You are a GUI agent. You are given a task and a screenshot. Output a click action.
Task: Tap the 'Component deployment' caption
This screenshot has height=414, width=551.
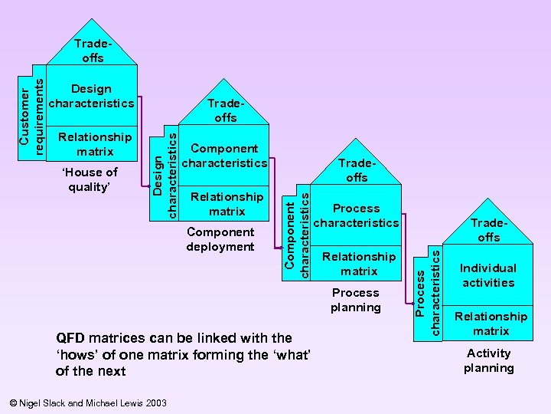tap(220, 238)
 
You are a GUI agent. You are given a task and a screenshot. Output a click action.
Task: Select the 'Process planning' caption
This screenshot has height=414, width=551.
tap(355, 300)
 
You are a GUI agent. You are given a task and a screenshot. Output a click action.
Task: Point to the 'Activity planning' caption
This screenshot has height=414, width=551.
tap(488, 360)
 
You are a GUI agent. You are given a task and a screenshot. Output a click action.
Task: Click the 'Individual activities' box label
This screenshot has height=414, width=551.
tap(487, 275)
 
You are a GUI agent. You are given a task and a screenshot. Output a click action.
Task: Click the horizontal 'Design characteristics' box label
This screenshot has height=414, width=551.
tap(91, 96)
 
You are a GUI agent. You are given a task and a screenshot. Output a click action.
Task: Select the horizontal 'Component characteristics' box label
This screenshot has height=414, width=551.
tap(224, 156)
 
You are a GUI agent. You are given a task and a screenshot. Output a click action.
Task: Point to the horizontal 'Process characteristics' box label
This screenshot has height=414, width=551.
tap(356, 215)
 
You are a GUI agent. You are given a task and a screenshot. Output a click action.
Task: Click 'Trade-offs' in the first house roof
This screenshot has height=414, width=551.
tap(90, 51)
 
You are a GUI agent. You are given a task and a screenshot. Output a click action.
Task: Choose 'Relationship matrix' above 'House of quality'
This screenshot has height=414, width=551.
tap(95, 144)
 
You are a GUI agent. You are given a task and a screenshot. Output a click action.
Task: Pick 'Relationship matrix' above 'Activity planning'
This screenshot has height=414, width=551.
tap(491, 324)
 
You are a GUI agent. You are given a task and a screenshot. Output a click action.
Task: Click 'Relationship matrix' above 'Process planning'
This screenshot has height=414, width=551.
tap(359, 264)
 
